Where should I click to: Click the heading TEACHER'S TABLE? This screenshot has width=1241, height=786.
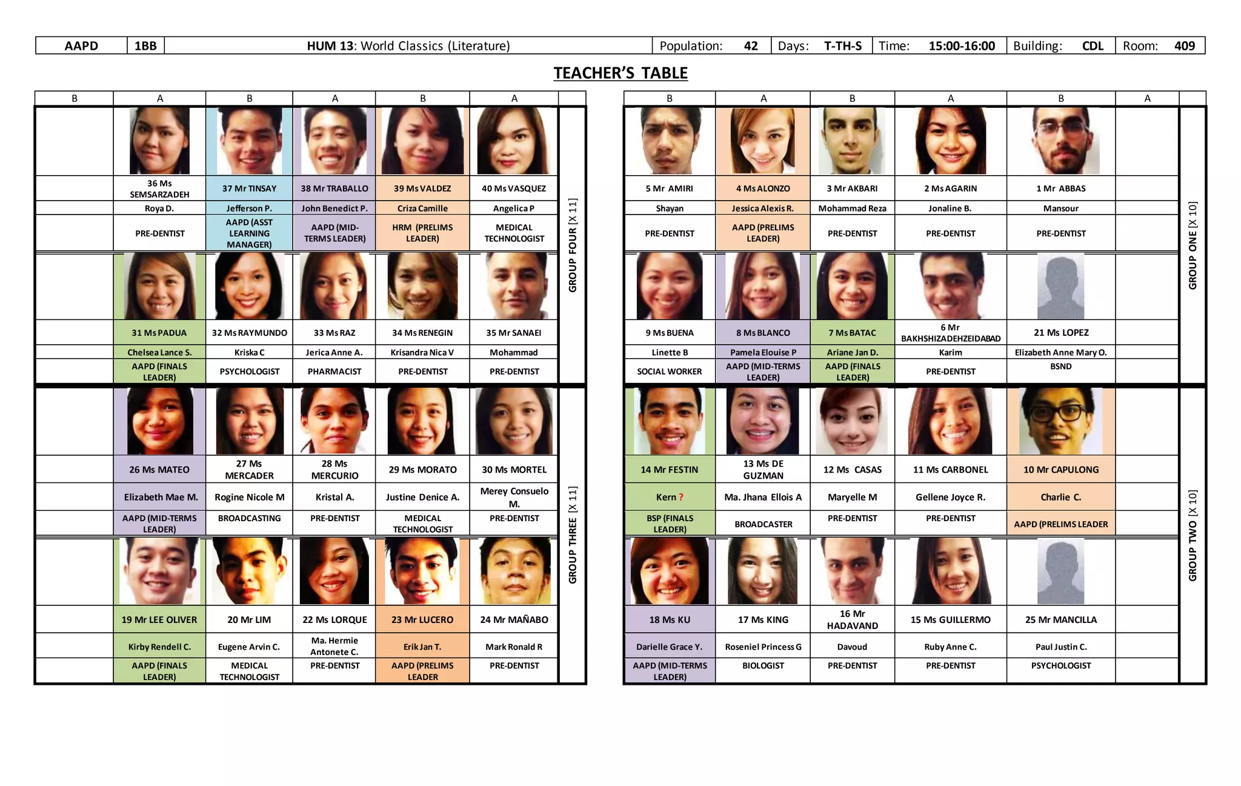620,73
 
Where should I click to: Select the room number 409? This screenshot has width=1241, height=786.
1184,46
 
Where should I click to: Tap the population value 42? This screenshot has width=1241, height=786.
751,46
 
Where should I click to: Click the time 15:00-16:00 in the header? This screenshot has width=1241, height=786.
962,46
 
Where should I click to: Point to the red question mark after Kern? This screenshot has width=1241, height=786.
681,498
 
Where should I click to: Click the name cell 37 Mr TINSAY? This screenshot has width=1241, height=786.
249,188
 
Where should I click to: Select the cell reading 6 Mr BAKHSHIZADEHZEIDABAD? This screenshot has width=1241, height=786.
950,333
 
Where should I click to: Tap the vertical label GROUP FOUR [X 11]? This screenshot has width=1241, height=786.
573,245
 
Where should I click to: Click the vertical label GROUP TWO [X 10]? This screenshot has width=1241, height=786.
1193,535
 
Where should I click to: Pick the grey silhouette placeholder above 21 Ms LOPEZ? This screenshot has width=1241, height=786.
1060,287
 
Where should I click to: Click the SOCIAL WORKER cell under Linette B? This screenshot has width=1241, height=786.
669,371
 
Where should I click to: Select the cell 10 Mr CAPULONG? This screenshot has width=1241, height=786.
1060,470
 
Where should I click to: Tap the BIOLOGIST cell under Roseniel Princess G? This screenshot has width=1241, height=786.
763,665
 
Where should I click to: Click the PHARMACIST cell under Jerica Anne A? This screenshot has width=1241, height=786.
334,371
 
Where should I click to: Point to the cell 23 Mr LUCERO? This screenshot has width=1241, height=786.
422,620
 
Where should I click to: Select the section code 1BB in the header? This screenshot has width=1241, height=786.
145,46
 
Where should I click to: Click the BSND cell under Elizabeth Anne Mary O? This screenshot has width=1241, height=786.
1060,367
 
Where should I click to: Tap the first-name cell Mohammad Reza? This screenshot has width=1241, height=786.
852,208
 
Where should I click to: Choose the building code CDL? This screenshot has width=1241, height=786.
1093,46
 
